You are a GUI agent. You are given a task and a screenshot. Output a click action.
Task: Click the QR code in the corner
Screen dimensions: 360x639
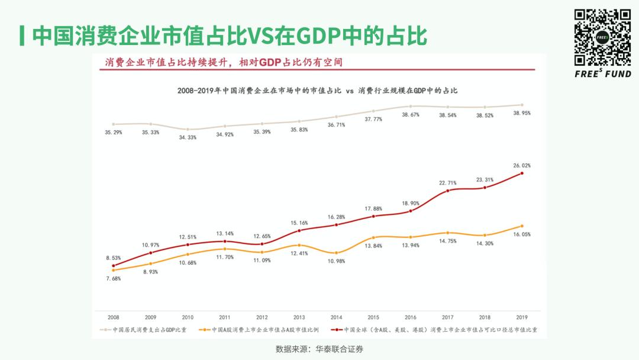(602, 37)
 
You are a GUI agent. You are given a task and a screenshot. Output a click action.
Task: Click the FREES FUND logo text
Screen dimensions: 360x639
(603, 73)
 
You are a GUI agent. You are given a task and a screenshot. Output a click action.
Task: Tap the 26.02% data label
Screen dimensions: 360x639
(522, 166)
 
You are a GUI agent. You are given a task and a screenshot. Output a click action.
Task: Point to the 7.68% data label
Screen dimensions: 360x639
(113, 278)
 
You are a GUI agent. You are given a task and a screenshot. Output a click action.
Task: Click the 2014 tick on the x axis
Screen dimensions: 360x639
(336, 317)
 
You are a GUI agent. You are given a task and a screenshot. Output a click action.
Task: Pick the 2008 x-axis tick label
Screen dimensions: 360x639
(113, 317)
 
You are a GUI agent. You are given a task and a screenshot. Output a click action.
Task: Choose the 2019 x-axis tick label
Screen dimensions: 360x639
(522, 317)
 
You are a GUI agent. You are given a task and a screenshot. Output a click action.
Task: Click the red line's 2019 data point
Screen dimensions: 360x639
(522, 173)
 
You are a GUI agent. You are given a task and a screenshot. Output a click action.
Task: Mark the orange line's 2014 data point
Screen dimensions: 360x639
(336, 252)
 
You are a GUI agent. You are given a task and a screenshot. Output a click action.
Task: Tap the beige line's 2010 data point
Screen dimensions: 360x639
(188, 129)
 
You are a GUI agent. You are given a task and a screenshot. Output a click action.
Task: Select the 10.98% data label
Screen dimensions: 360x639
(336, 261)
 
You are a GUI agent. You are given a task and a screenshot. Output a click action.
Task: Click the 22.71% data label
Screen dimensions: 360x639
(448, 183)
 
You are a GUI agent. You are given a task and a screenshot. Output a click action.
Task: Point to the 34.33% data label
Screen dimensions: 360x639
(188, 137)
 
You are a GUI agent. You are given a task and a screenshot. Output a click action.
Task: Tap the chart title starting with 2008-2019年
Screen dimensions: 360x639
(318, 91)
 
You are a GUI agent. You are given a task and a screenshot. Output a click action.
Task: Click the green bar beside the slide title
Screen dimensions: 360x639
(21, 36)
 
